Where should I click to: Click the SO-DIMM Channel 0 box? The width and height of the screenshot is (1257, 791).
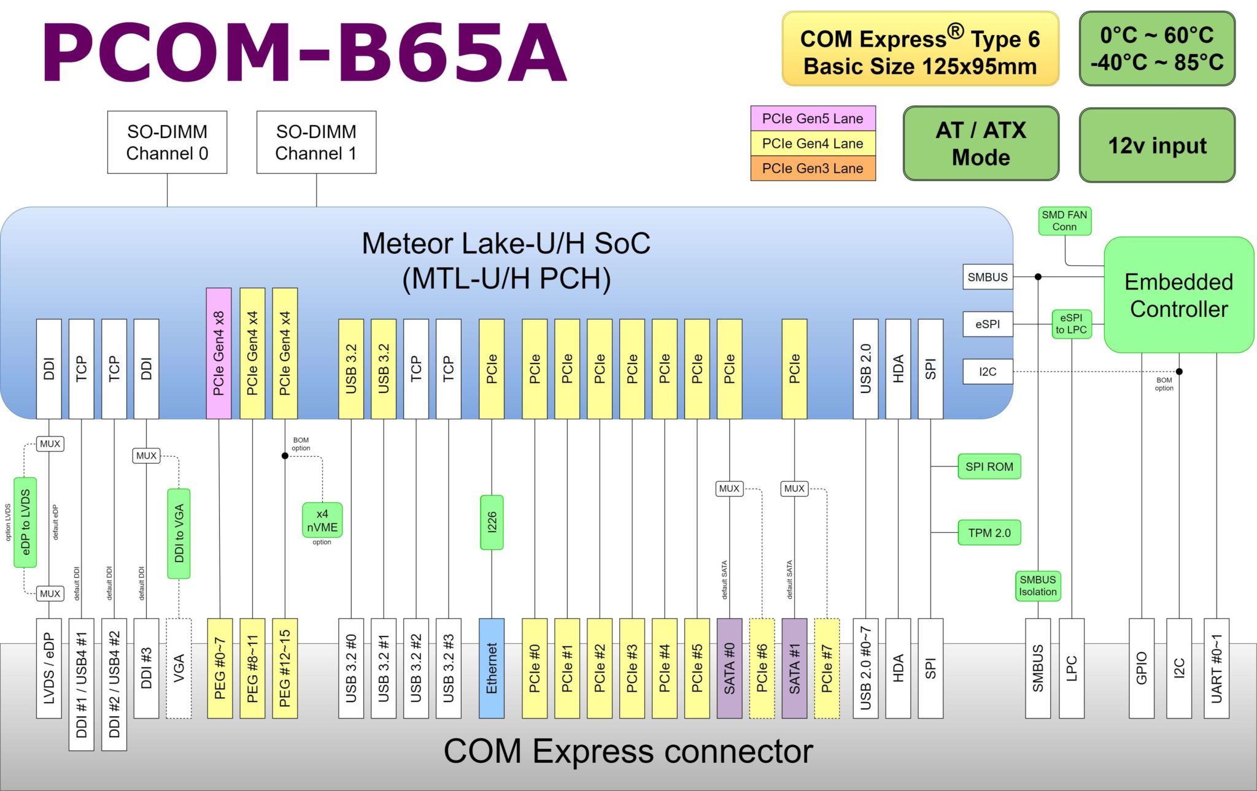167,142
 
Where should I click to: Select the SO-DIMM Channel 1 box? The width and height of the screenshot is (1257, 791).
316,142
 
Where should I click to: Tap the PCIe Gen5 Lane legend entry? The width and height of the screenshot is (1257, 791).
813,118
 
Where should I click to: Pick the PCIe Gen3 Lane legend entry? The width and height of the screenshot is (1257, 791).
813,168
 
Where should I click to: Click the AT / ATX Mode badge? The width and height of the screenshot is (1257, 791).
981,143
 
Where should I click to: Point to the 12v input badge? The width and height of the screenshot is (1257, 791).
1157,145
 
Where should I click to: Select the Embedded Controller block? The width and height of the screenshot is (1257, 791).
1178,295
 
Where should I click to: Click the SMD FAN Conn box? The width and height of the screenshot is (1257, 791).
1064,221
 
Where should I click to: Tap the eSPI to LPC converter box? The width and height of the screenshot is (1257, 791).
1071,324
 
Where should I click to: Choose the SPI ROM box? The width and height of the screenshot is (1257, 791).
989,467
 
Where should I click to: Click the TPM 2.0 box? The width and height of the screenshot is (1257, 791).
989,533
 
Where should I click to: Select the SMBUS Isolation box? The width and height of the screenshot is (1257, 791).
1038,586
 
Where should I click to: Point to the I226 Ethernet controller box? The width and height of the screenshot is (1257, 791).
492,522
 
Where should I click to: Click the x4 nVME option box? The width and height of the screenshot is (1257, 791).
322,521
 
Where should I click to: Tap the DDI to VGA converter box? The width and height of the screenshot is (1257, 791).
179,533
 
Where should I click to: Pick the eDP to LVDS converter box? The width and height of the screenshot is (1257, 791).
25,522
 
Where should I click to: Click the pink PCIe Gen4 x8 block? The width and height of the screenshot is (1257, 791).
219,354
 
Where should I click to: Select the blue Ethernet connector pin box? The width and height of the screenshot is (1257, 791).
492,668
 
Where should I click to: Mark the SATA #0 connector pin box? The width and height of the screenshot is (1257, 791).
729,668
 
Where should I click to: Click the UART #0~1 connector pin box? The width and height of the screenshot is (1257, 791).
1216,668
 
